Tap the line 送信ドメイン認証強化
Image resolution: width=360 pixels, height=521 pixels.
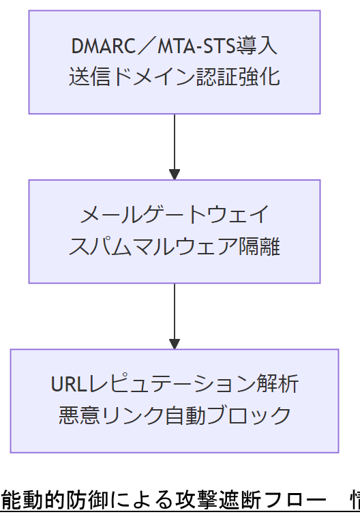[175, 76]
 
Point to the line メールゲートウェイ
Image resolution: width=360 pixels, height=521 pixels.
[175, 216]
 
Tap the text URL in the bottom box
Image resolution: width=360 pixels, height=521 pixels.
[66, 385]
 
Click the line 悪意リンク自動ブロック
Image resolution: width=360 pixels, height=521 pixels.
[175, 415]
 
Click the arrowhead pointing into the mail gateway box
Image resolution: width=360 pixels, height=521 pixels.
[175, 174]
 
